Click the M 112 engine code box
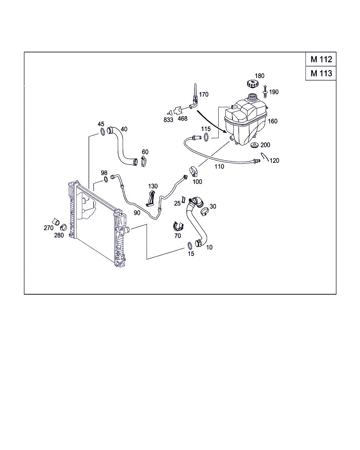coord(321,59)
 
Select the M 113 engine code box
coord(321,73)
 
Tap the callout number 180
coord(259,76)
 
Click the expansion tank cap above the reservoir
coord(252,84)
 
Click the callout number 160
coord(272,121)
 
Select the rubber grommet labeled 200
coord(255,145)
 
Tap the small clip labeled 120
coord(265,157)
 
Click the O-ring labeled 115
coord(206,137)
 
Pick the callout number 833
coord(168,120)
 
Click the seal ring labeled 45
coord(103,132)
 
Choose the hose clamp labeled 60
coord(143,161)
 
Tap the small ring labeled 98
coord(106,179)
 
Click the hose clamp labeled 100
coord(193,172)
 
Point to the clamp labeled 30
coord(205,212)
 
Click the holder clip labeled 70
coord(178,226)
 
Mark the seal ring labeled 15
coord(190,246)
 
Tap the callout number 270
coord(49,228)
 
